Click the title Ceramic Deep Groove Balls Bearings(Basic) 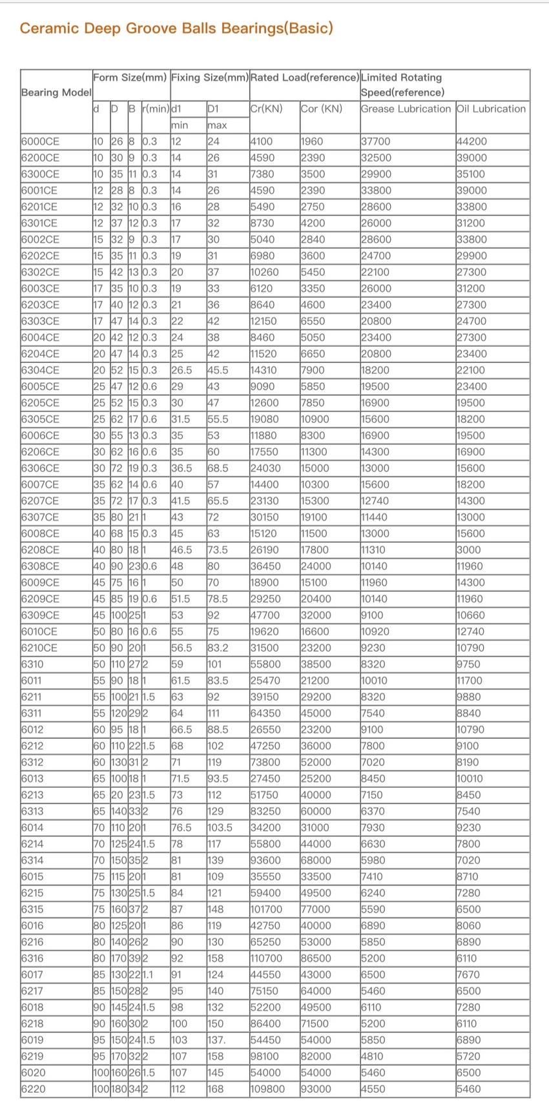pyautogui.click(x=176, y=28)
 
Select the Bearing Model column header pyautogui.click(x=56, y=92)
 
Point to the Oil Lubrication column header pyautogui.click(x=491, y=108)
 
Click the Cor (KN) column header pyautogui.click(x=321, y=108)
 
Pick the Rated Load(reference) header pyautogui.click(x=304, y=77)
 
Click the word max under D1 pyautogui.click(x=217, y=125)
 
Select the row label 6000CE pyautogui.click(x=40, y=141)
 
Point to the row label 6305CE pyautogui.click(x=40, y=419)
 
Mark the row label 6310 pyautogui.click(x=32, y=664)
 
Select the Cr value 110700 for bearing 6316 pyautogui.click(x=266, y=958)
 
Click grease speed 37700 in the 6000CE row pyautogui.click(x=375, y=141)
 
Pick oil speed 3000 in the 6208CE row pyautogui.click(x=468, y=550)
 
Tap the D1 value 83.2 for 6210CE pyautogui.click(x=218, y=648)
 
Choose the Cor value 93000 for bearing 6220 pyautogui.click(x=316, y=1089)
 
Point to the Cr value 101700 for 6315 pyautogui.click(x=266, y=909)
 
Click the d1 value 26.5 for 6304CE pyautogui.click(x=182, y=370)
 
